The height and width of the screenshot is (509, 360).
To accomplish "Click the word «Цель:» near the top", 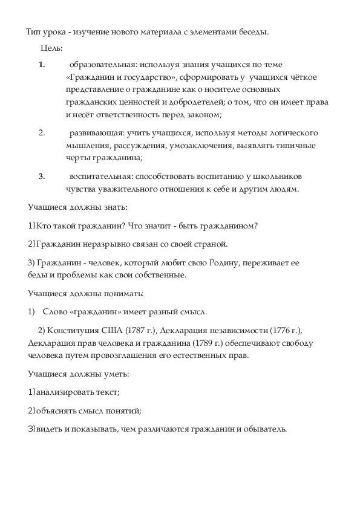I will tap(51, 48).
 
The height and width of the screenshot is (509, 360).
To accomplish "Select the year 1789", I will tap(185, 343).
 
